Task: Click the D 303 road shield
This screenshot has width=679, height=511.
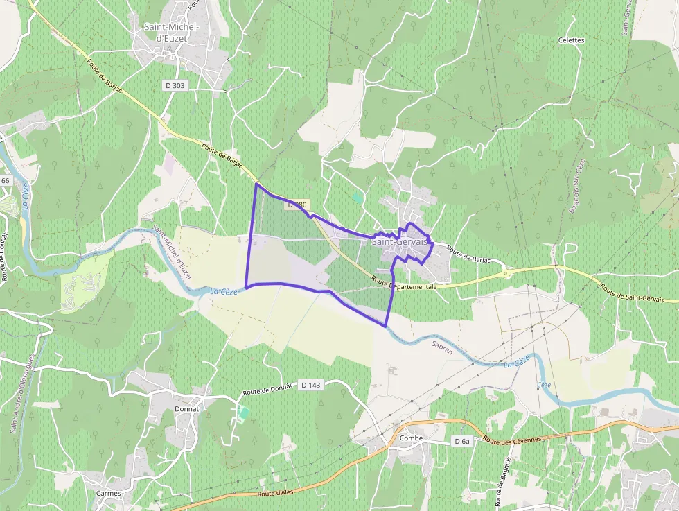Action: [x=177, y=85]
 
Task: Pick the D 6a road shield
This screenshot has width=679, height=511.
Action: [x=462, y=441]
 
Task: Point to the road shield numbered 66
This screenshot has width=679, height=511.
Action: [x=6, y=180]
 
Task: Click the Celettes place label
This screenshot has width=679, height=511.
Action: [x=572, y=40]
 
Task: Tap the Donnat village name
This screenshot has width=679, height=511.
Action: [x=187, y=408]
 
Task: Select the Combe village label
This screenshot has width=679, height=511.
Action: [x=412, y=438]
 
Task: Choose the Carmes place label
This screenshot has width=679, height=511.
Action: [x=109, y=493]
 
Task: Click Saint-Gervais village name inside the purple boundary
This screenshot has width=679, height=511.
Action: [x=400, y=242]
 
